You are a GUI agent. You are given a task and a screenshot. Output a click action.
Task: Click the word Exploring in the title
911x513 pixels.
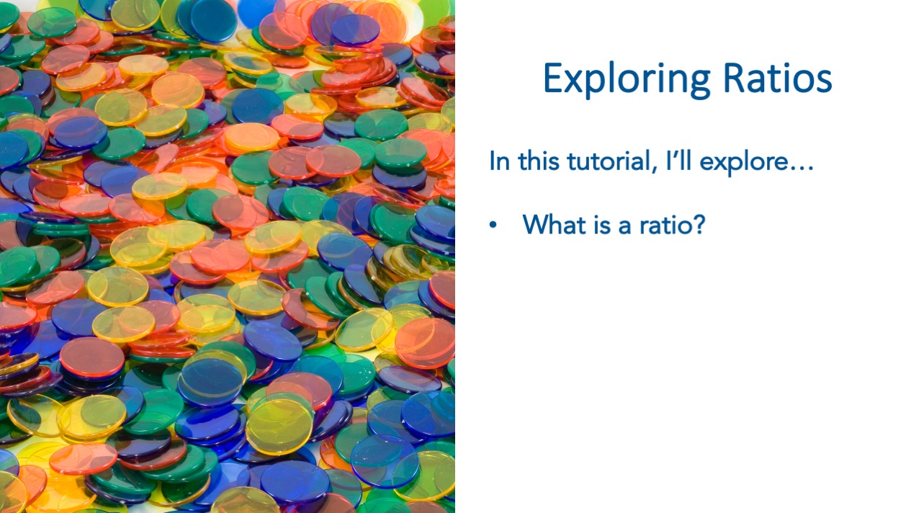click(627, 80)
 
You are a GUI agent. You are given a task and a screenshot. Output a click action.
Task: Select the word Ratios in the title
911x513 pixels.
click(778, 78)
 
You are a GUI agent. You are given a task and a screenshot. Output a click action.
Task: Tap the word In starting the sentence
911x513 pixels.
click(499, 161)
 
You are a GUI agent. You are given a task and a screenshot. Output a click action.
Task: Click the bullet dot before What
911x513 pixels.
click(493, 225)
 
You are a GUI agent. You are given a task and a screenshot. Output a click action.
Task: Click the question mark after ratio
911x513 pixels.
click(698, 224)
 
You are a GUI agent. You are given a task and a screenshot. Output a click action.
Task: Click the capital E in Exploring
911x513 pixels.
click(554, 78)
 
